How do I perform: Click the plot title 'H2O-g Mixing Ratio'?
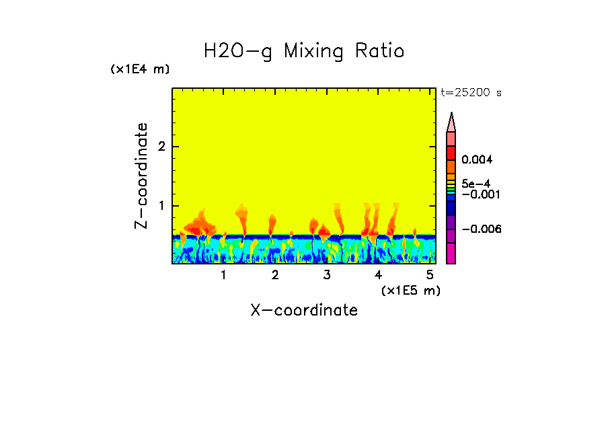(x=304, y=51)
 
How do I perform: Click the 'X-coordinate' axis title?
(x=304, y=310)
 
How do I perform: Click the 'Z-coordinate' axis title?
(x=141, y=176)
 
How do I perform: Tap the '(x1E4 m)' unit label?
(x=140, y=69)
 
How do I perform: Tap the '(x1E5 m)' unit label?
(x=410, y=290)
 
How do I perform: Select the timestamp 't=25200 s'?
(x=471, y=93)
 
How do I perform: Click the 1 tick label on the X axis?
(x=223, y=275)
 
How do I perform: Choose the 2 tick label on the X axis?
(x=275, y=275)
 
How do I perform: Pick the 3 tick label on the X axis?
(x=327, y=275)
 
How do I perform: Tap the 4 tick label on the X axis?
(x=379, y=275)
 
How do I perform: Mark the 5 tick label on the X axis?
(x=430, y=275)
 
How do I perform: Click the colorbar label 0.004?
(x=478, y=160)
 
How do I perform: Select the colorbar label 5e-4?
(x=476, y=183)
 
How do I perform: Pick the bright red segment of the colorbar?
(x=451, y=152)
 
